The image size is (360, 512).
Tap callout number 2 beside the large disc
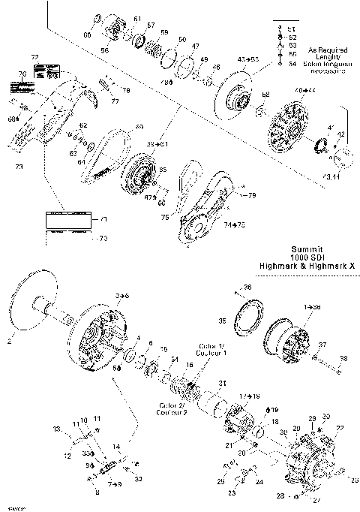[x=10, y=340]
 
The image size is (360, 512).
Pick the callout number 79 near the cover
[x=252, y=195]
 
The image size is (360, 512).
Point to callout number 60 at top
[x=87, y=35]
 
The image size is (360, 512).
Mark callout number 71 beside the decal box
[x=104, y=219]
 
